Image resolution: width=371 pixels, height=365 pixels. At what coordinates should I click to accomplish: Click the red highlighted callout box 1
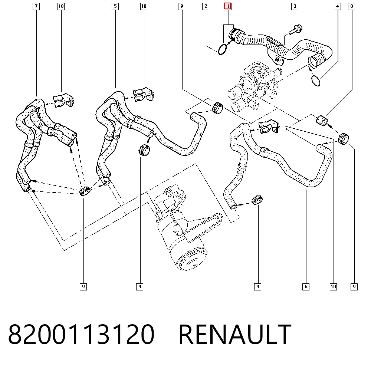point(228,6)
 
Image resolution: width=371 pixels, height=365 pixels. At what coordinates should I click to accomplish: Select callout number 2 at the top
point(206,6)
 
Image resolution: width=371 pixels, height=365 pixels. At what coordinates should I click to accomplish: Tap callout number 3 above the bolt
point(295,6)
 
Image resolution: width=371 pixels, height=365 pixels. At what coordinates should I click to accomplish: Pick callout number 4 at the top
point(337,6)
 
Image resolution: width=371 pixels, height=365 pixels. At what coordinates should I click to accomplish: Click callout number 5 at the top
point(115,6)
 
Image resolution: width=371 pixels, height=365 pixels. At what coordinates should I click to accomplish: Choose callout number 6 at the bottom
point(306,287)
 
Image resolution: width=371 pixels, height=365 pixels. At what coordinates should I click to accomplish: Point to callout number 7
point(36,6)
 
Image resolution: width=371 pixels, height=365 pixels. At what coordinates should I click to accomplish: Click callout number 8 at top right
point(352,6)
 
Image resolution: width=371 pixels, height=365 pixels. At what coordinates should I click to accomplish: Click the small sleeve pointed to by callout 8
point(322,121)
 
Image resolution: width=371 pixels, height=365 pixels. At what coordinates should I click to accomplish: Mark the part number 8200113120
point(81,334)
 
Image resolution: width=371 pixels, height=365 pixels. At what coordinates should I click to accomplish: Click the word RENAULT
point(235,334)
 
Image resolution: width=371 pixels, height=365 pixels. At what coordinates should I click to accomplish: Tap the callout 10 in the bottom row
point(333,287)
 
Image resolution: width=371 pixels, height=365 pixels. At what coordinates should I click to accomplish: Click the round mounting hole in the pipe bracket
point(277,59)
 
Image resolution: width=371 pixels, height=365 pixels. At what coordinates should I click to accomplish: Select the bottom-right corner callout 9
point(354,287)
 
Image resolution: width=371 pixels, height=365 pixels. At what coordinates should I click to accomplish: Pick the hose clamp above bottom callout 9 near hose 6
point(257,200)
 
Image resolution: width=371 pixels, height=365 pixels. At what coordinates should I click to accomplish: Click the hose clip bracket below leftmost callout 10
point(63,101)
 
